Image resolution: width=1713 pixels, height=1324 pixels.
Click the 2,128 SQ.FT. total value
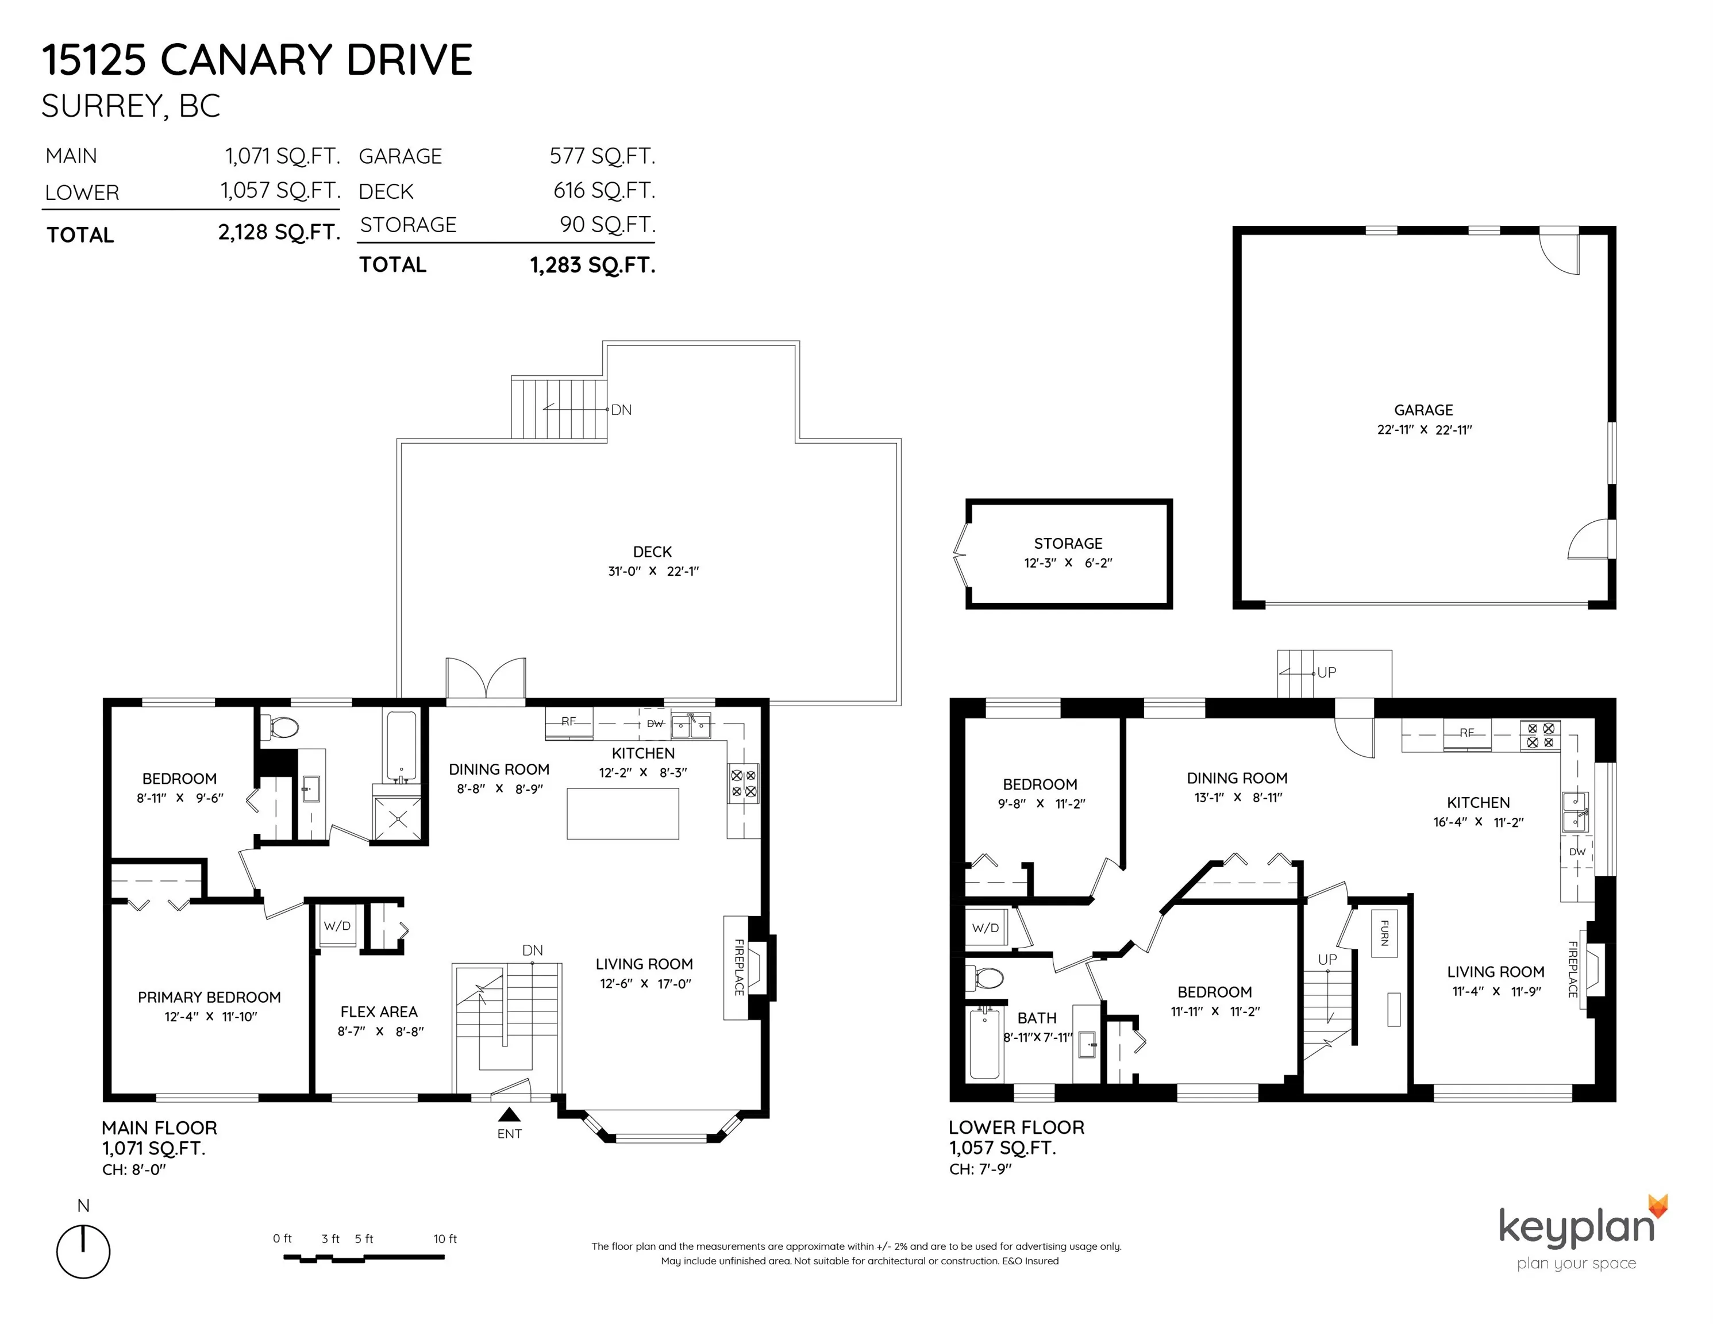click(279, 232)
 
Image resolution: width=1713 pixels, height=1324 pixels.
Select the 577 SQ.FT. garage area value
click(602, 156)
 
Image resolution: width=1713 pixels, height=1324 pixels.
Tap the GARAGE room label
click(1423, 409)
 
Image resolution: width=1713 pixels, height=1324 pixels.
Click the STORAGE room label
click(1068, 543)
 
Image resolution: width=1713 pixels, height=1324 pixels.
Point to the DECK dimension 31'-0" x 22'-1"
click(653, 571)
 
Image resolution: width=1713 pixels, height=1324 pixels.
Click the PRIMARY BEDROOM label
click(209, 997)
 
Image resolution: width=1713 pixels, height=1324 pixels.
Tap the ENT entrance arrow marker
click(510, 1114)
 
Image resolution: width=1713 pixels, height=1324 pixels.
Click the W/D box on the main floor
click(337, 926)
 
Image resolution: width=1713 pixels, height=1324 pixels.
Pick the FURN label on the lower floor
click(1384, 933)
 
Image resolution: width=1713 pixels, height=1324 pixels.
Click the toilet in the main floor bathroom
click(280, 727)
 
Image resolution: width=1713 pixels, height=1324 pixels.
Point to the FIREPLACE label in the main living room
click(738, 967)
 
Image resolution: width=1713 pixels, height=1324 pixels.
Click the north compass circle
click(83, 1251)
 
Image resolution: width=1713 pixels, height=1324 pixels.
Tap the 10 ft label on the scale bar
click(445, 1238)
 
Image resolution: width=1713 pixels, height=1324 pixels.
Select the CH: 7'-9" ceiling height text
click(980, 1169)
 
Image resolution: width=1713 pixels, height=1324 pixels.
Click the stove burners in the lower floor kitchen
click(1539, 735)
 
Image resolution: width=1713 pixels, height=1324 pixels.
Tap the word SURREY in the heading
click(102, 106)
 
